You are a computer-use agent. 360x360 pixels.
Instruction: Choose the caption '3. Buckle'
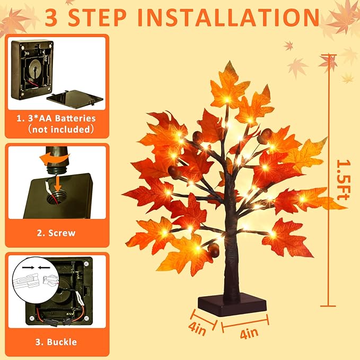coord(56,342)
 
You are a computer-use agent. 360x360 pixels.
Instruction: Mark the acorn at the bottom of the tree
coord(214,251)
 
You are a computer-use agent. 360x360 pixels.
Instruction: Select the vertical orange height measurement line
coord(330,180)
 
